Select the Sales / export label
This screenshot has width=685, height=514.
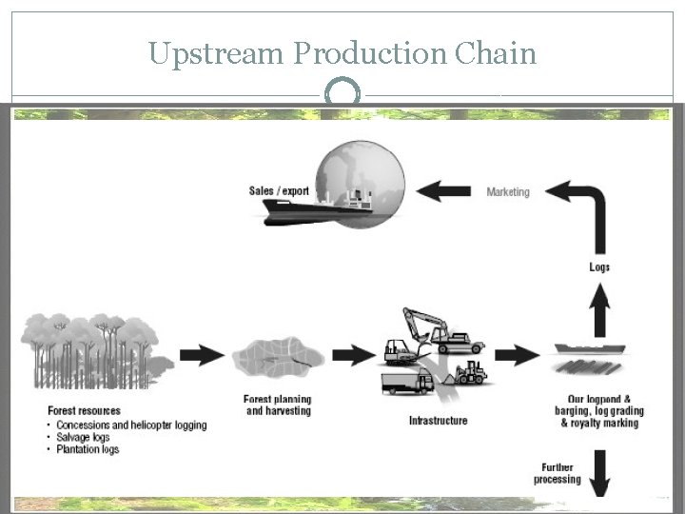coord(279,191)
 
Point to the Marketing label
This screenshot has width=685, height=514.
coord(508,192)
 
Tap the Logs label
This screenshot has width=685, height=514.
coord(599,267)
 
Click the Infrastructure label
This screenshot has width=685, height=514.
coord(438,421)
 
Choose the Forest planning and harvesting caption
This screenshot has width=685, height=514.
coord(278,405)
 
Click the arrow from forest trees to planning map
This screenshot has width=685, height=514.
coord(202,356)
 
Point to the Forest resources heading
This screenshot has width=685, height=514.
coord(84,412)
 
